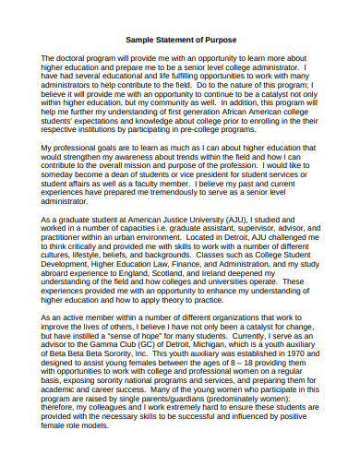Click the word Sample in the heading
(139, 41)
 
